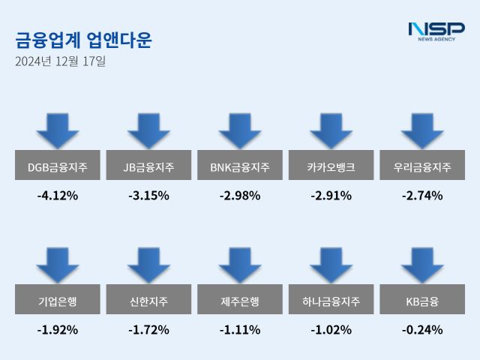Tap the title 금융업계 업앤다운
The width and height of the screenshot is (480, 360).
(82, 40)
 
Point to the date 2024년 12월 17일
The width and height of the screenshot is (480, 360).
(60, 61)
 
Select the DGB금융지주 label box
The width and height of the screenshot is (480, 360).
(57, 167)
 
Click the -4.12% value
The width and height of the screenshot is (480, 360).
(57, 196)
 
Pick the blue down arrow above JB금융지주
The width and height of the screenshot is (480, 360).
(148, 131)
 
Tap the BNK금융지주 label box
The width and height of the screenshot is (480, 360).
(240, 167)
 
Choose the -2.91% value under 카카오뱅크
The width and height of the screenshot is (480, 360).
(331, 196)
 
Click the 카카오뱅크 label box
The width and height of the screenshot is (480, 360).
(331, 167)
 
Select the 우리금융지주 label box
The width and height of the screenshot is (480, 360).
(422, 167)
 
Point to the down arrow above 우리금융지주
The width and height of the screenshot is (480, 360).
(422, 131)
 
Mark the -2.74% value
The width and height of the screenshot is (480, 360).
(422, 196)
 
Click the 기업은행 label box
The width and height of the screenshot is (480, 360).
(57, 301)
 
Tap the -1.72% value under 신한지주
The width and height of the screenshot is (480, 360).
(148, 329)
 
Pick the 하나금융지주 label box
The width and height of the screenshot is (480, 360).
(331, 301)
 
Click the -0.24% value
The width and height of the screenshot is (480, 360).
(422, 329)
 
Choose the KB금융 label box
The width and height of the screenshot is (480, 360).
(422, 301)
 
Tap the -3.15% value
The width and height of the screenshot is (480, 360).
(148, 196)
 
